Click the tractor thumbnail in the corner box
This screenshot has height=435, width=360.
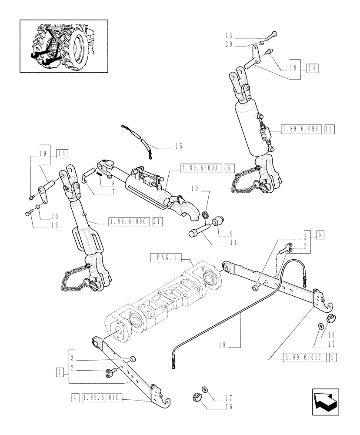coord(63,46)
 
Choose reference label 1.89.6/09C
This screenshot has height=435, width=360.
coord(129,221)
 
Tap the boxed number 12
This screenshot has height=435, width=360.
coord(329,129)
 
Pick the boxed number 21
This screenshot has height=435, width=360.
coord(157,221)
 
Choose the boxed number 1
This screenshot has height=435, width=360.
coord(58,372)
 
